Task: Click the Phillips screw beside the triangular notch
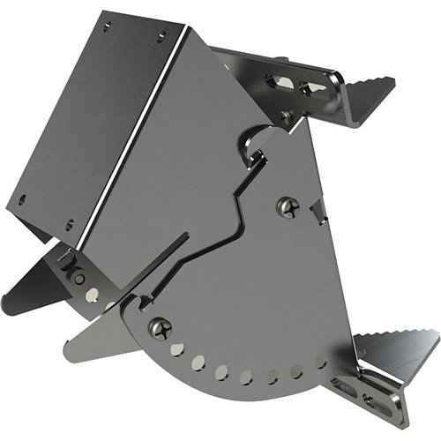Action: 288,207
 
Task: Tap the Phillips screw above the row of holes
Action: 159,328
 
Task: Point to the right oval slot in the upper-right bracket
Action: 310,87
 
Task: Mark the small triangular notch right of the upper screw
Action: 319,210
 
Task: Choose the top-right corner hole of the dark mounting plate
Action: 161,37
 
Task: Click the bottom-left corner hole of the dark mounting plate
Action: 23,199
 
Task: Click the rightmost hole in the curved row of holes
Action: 321,361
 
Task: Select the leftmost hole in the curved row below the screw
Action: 177,350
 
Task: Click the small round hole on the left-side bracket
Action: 79,280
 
